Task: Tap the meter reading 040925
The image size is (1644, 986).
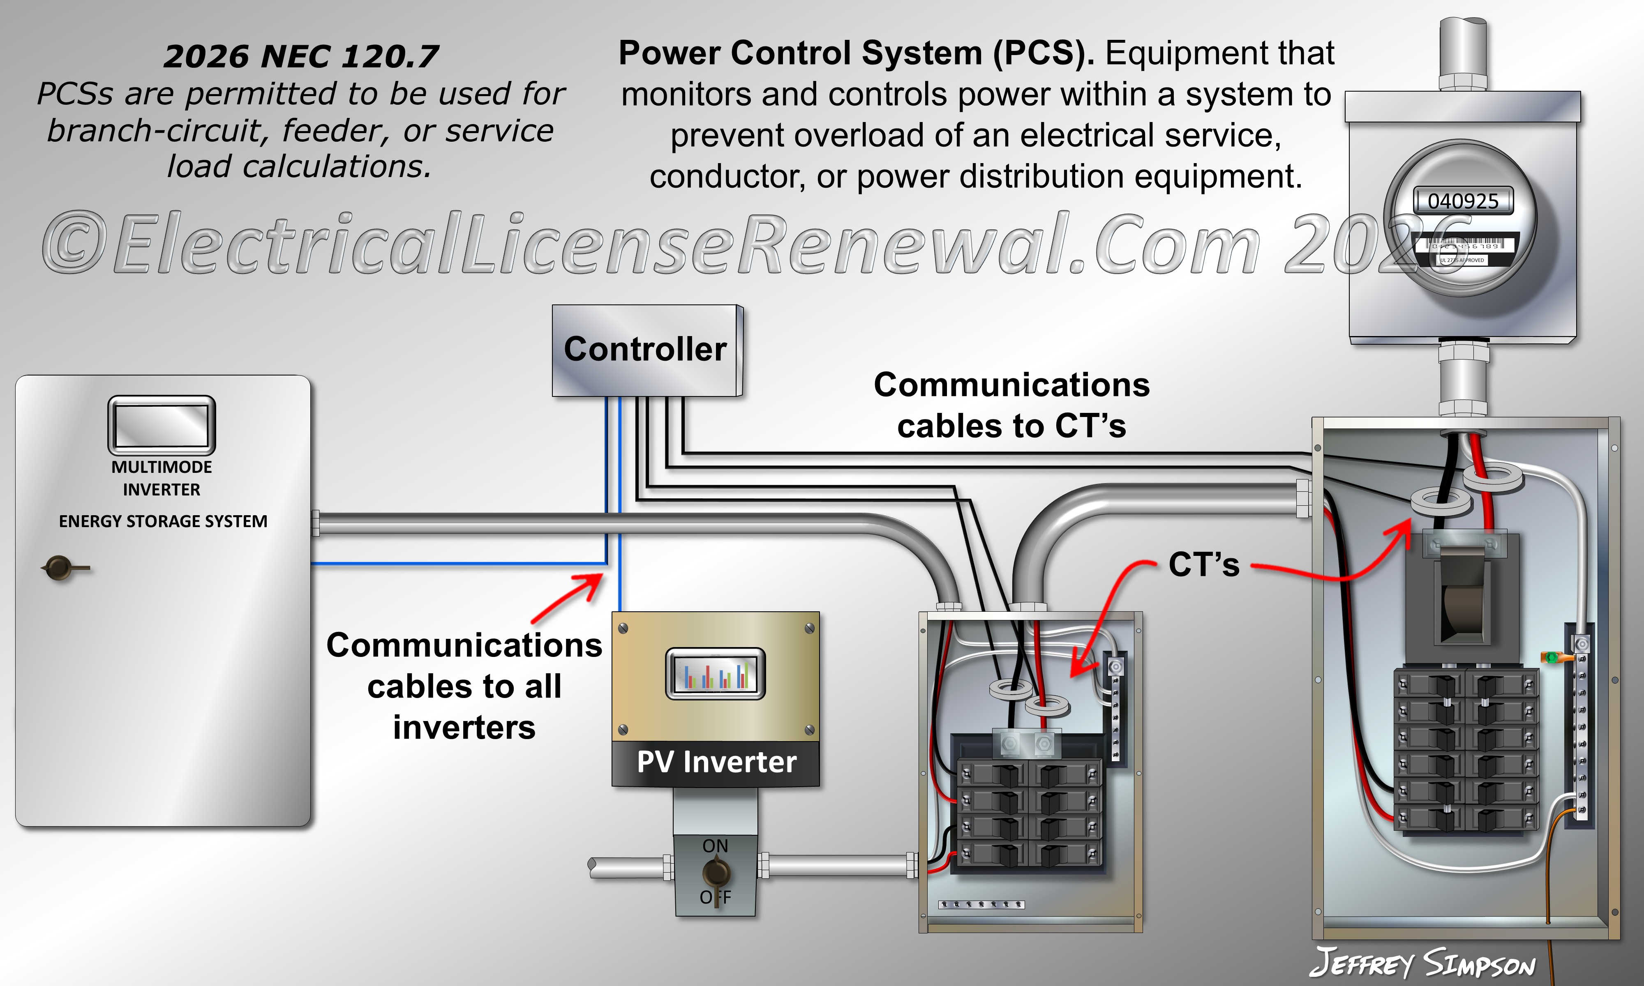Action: point(1463,200)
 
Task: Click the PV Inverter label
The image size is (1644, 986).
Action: point(716,762)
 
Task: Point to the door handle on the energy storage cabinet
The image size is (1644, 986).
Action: point(61,568)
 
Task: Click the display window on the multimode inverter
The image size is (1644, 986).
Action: point(162,425)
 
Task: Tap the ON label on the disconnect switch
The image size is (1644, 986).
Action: point(715,846)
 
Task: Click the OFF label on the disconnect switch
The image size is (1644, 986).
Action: point(715,898)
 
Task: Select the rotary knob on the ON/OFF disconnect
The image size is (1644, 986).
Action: point(716,872)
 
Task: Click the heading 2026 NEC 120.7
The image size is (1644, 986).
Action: point(300,56)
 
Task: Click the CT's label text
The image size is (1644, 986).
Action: point(1203,565)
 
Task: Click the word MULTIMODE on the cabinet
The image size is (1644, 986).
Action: point(162,467)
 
